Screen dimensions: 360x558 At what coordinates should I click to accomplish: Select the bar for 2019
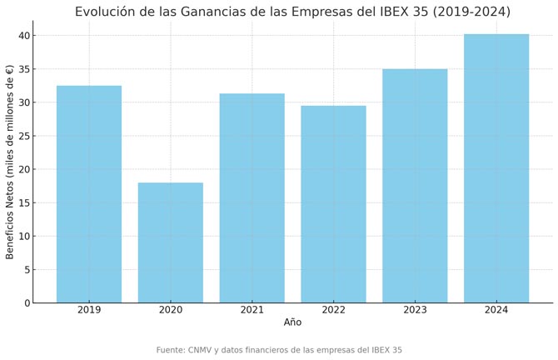[89, 194]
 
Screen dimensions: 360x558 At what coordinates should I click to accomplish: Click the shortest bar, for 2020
[171, 242]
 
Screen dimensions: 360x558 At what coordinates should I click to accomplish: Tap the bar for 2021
[252, 198]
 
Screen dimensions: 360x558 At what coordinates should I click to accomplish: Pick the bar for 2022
[333, 204]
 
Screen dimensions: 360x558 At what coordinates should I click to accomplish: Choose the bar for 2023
[415, 186]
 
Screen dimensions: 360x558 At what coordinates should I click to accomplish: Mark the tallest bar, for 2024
[496, 168]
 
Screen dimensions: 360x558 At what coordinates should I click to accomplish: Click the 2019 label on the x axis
[89, 310]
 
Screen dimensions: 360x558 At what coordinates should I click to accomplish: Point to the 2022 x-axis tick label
[333, 310]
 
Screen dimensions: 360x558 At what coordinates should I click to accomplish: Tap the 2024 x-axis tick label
[496, 310]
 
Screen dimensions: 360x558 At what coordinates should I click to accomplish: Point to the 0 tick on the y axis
[27, 303]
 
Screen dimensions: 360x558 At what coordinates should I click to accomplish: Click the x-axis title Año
[292, 322]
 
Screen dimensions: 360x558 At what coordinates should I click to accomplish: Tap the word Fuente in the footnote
[171, 350]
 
